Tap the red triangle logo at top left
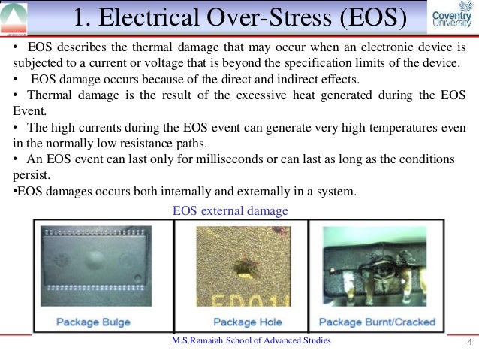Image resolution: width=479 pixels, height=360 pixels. pos(16,17)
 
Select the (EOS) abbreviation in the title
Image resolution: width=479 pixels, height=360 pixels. pos(363,19)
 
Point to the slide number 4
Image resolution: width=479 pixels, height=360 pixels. pos(468,344)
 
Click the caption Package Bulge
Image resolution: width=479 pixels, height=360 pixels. pos(93,322)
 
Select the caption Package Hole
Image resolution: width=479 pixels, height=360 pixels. pos(248,322)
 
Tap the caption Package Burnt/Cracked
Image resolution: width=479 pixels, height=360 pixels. pos(377,322)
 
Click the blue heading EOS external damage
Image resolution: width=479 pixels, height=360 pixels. pos(230,210)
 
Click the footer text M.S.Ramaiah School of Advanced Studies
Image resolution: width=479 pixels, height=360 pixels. pos(251,341)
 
